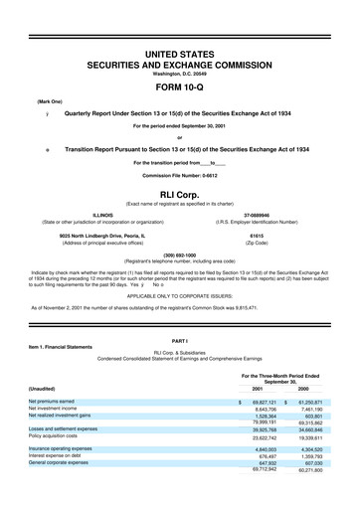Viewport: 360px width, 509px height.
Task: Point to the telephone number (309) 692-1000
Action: click(x=180, y=254)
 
